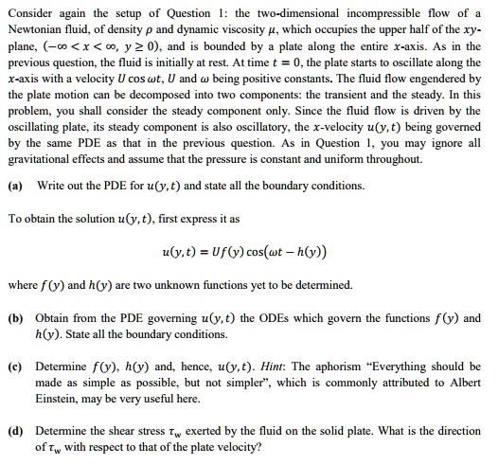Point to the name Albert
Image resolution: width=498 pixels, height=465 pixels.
pyautogui.click(x=463, y=384)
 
